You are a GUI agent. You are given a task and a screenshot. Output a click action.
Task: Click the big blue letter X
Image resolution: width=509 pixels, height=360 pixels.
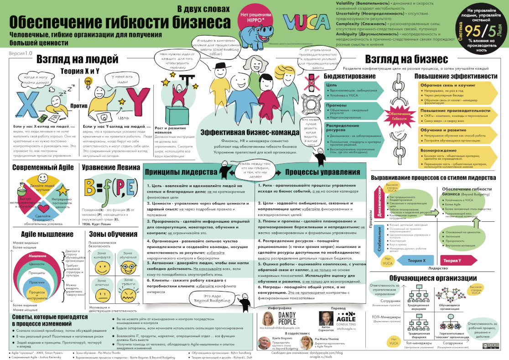31,103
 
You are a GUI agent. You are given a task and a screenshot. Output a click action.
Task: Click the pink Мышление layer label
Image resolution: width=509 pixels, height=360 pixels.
37,256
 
